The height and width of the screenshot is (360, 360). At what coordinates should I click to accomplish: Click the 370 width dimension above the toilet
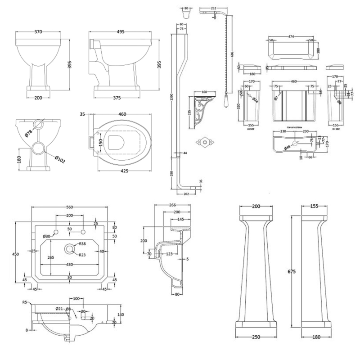pos(38,32)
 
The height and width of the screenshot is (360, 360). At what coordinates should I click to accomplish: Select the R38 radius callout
pos(83,243)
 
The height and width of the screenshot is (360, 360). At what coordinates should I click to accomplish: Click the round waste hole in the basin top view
pos(70,247)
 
